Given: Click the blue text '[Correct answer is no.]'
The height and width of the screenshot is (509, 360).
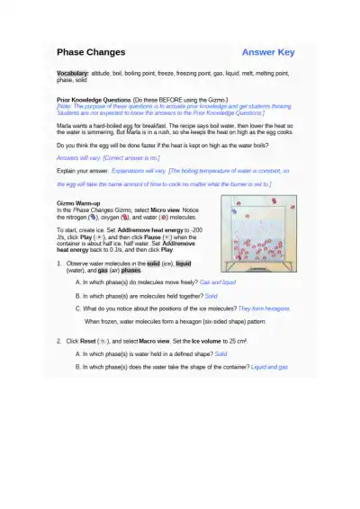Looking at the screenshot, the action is [x=137, y=156].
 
